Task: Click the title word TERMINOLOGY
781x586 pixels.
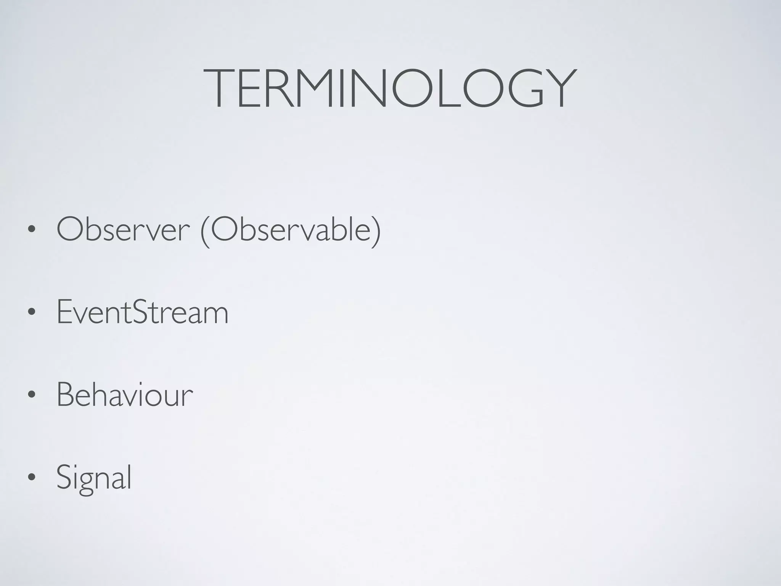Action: click(x=390, y=89)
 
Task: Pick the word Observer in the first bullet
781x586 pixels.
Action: click(x=123, y=230)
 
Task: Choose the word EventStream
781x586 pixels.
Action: click(x=143, y=312)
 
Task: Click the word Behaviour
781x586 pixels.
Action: click(x=125, y=395)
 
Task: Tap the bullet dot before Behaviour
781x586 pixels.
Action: click(x=32, y=396)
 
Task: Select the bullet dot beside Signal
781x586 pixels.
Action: click(x=32, y=478)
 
